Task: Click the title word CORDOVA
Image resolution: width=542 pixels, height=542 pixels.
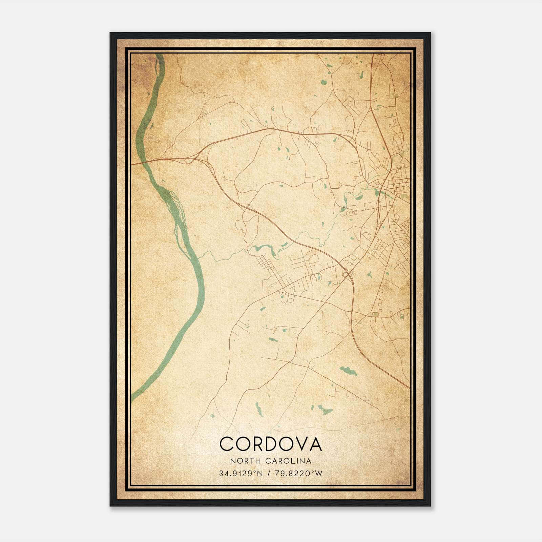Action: (271, 444)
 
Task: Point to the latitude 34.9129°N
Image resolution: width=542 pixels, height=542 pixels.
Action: (241, 474)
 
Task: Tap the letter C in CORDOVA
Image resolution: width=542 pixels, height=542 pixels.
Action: (228, 444)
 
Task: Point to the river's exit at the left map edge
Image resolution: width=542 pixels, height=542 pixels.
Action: (133, 397)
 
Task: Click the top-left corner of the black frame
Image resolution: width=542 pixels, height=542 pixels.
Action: (111, 33)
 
